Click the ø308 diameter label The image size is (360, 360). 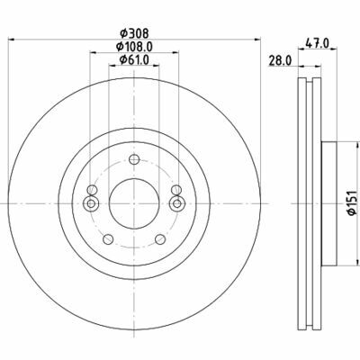134,33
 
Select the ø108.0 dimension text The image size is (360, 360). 134,47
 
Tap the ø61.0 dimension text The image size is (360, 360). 134,60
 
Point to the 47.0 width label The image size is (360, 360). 317,42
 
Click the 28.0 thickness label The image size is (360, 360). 280,61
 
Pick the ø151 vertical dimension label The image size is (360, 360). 351,202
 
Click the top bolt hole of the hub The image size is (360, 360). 134,159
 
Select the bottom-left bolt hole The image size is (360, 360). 108,239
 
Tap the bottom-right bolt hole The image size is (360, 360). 160,239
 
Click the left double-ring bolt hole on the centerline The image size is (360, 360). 91,203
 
